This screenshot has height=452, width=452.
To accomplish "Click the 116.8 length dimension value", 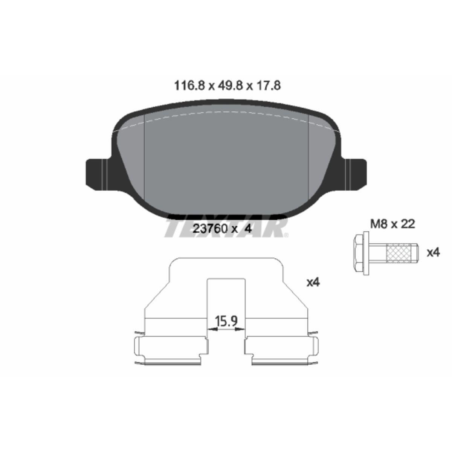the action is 189,86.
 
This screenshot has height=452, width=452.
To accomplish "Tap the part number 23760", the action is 210,229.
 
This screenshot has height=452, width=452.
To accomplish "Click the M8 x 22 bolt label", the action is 392,224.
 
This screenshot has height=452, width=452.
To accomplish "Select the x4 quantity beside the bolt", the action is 433,253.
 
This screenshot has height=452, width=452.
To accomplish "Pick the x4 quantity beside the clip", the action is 313,282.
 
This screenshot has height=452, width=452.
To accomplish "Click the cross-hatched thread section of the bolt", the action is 398,253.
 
